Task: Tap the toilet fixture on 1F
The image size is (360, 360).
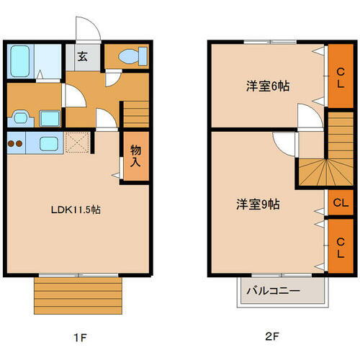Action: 130,56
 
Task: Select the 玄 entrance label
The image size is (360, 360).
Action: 84,57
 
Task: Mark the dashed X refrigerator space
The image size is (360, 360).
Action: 76,143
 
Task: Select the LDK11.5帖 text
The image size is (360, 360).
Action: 75,210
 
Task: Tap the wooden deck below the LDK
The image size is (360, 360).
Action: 78,296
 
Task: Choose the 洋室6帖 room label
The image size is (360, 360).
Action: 268,86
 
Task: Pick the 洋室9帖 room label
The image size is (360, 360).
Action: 258,204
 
